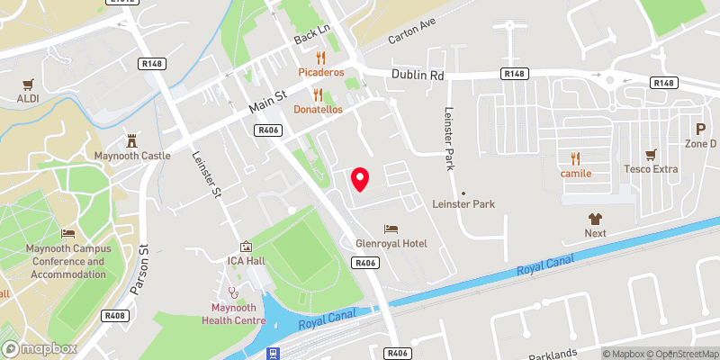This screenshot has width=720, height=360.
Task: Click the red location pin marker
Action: (x=360, y=179)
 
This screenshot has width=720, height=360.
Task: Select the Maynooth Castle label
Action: (x=133, y=156)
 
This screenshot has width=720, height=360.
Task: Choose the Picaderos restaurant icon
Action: (x=308, y=56)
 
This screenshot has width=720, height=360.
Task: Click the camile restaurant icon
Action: (x=575, y=157)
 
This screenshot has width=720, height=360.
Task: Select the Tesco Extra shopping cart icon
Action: (x=652, y=153)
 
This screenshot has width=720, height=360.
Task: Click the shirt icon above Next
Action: (x=595, y=218)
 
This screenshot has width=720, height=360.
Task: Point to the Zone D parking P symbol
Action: (x=700, y=129)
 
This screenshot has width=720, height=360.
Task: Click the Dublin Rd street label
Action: (x=418, y=76)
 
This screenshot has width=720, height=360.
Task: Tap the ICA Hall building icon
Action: (x=246, y=247)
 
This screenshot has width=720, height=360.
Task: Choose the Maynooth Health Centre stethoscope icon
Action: (x=233, y=292)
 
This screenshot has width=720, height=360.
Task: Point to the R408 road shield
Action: (x=114, y=316)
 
